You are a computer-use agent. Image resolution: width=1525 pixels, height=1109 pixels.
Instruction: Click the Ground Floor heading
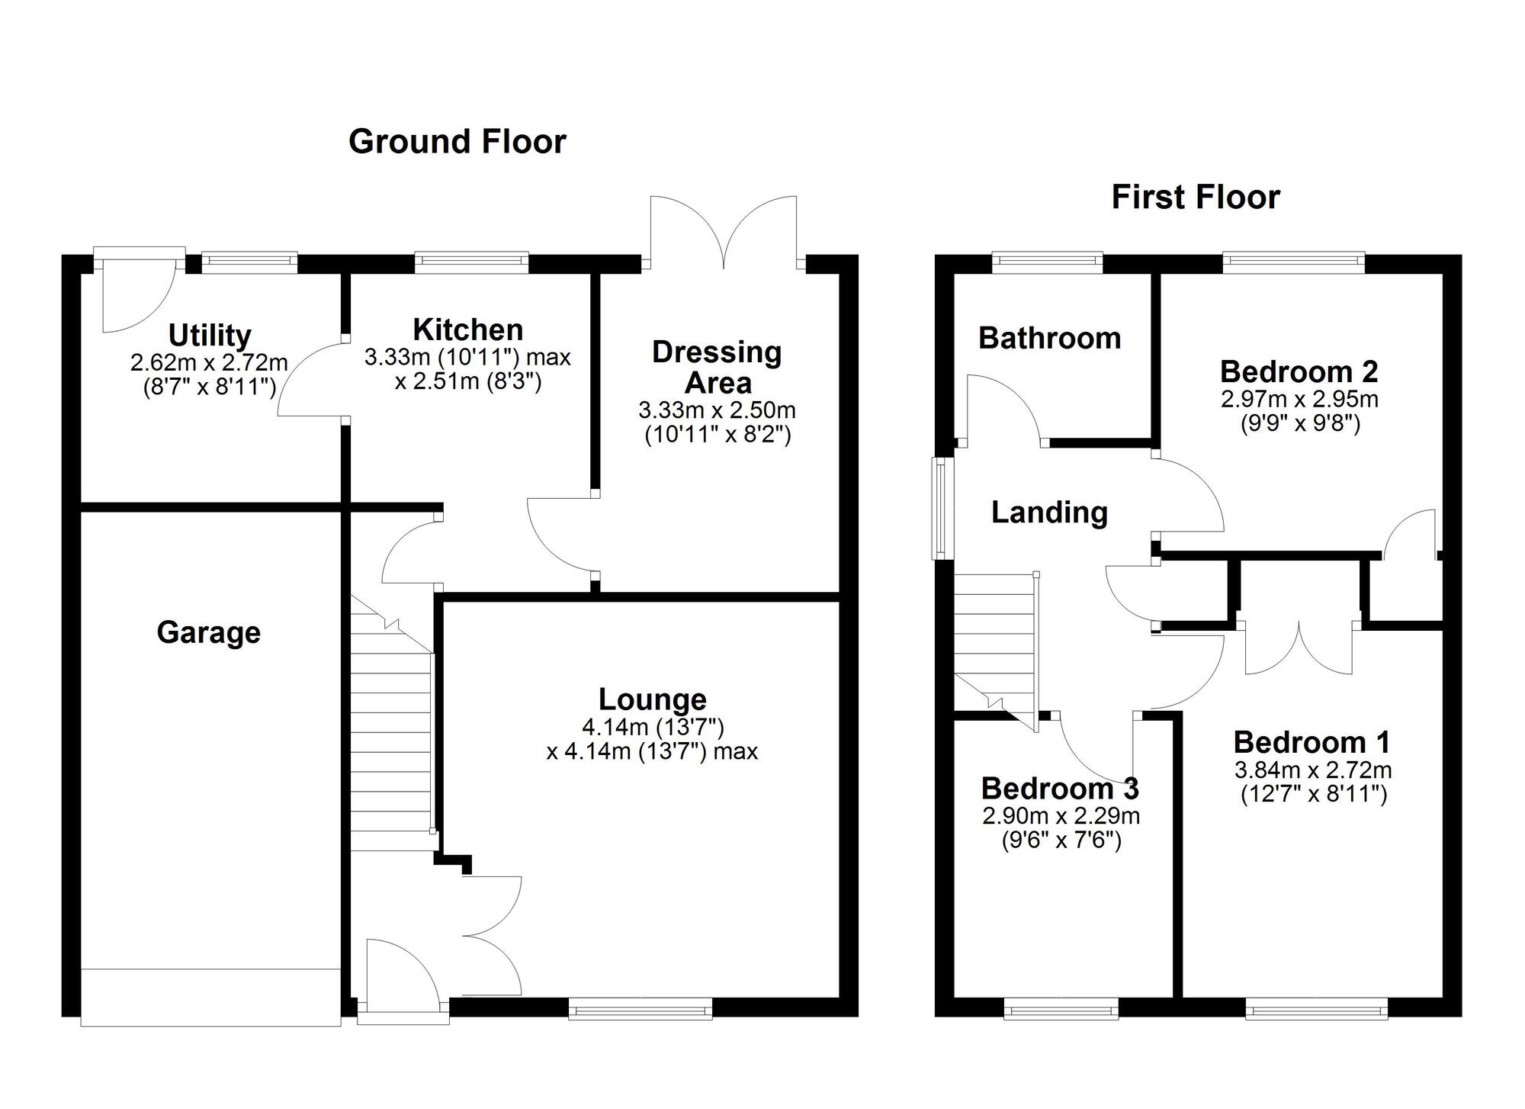(x=457, y=142)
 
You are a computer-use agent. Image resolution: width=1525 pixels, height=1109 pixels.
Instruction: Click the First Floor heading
(x=1196, y=197)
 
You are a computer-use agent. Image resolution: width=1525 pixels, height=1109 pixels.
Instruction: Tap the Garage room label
(x=209, y=632)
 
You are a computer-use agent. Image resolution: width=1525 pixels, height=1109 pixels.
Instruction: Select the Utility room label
(x=210, y=335)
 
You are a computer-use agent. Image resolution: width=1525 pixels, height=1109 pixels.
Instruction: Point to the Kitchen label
(x=468, y=329)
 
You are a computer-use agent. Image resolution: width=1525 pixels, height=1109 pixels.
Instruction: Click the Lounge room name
(x=653, y=699)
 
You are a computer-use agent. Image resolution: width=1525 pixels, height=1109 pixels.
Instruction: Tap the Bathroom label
(x=1050, y=338)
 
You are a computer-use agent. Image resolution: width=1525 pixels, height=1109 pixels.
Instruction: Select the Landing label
(x=1050, y=512)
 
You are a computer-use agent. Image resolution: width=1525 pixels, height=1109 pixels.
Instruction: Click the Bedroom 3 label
(x=1060, y=788)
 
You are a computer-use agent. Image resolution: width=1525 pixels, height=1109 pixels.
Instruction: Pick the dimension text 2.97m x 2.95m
(x=1299, y=399)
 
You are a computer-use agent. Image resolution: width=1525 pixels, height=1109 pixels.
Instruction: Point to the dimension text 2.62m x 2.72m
(x=209, y=362)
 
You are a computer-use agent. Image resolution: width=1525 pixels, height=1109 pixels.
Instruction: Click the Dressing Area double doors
(x=724, y=233)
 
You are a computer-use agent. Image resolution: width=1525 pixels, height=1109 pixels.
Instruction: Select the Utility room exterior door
(x=139, y=290)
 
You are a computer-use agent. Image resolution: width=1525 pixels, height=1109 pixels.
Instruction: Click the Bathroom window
(x=1048, y=263)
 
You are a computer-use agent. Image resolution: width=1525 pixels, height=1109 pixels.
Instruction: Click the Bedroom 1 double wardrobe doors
(x=1299, y=648)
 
